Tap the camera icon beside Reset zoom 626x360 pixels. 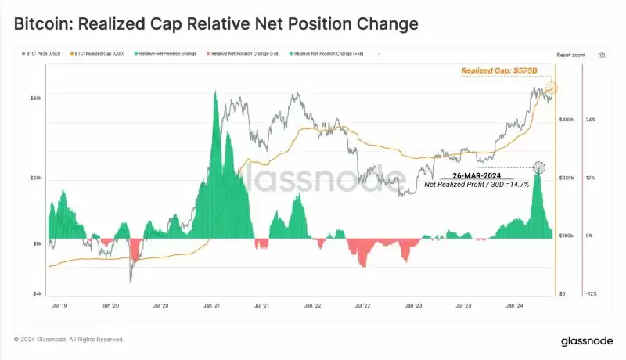pyautogui.click(x=602, y=56)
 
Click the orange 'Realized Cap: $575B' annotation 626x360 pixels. pyautogui.click(x=499, y=70)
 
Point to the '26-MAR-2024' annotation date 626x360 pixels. pyautogui.click(x=475, y=175)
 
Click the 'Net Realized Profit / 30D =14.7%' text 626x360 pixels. pyautogui.click(x=477, y=185)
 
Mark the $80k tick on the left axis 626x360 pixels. pyautogui.click(x=36, y=98)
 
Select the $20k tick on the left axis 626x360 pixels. pyautogui.click(x=36, y=178)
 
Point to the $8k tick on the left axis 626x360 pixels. pyautogui.click(x=38, y=243)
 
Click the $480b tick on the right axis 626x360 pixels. pyautogui.click(x=567, y=120)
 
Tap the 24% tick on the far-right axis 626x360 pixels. pyautogui.click(x=591, y=120)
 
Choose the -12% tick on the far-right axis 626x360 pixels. pyautogui.click(x=592, y=293)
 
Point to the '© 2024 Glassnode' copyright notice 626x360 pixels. pyautogui.click(x=69, y=340)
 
